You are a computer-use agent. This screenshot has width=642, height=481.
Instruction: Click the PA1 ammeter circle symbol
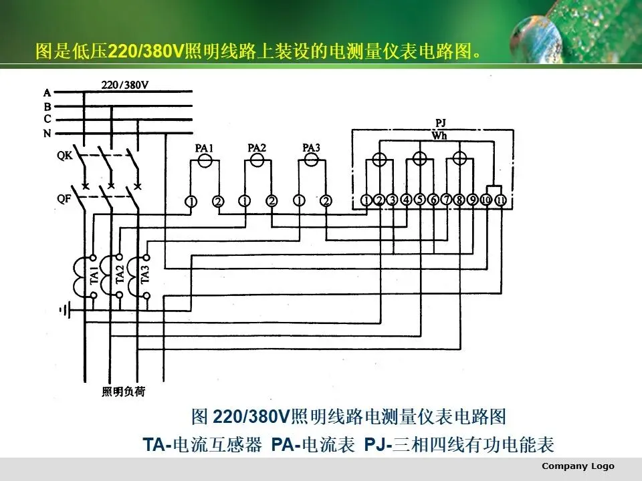coord(205,160)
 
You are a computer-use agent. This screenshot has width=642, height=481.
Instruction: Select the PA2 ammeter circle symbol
coord(257,160)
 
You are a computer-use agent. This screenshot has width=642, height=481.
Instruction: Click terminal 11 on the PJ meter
coord(499,200)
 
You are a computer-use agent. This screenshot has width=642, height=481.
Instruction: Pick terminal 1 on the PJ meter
coord(366,200)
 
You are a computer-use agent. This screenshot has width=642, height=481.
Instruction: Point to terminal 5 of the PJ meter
coord(419,200)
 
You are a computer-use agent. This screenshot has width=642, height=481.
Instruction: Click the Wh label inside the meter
coord(439,136)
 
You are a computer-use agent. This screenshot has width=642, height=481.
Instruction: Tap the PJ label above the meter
coord(440,123)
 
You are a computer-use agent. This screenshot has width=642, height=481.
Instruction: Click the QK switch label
coord(65,156)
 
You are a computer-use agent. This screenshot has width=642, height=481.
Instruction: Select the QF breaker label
coord(65,198)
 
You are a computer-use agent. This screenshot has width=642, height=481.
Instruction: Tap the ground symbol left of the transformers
coord(64,309)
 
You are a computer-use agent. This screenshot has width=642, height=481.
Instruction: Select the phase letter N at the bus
coord(47,134)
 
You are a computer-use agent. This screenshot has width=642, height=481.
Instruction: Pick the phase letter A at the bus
coord(47,93)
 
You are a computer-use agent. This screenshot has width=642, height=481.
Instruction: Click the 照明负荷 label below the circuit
coord(123,391)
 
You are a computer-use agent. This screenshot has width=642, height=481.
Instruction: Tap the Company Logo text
coord(578,466)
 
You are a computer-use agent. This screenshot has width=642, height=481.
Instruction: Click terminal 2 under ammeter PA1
coord(218,200)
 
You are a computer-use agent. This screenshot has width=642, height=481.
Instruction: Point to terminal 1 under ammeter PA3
coord(299,200)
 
